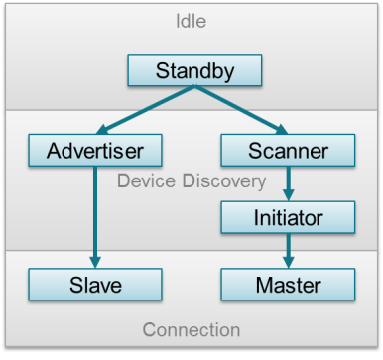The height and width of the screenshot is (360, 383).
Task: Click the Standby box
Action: pyautogui.click(x=193, y=71)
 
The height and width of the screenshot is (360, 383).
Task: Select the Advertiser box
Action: pyautogui.click(x=95, y=152)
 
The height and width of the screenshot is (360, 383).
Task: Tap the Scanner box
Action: pyautogui.click(x=288, y=152)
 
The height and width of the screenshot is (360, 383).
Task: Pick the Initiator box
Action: pyautogui.click(x=288, y=215)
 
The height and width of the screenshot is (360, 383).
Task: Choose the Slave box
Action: pyautogui.click(x=95, y=286)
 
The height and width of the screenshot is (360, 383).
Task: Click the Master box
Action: pyautogui.click(x=288, y=286)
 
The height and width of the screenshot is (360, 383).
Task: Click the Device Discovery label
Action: pyautogui.click(x=191, y=181)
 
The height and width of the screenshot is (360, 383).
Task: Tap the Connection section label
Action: pyautogui.click(x=191, y=330)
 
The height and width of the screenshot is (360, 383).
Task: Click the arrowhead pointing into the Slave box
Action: pyautogui.click(x=95, y=263)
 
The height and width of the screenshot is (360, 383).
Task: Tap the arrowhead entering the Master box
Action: pyautogui.click(x=288, y=263)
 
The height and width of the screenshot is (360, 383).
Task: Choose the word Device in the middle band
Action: pyautogui.click(x=143, y=181)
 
